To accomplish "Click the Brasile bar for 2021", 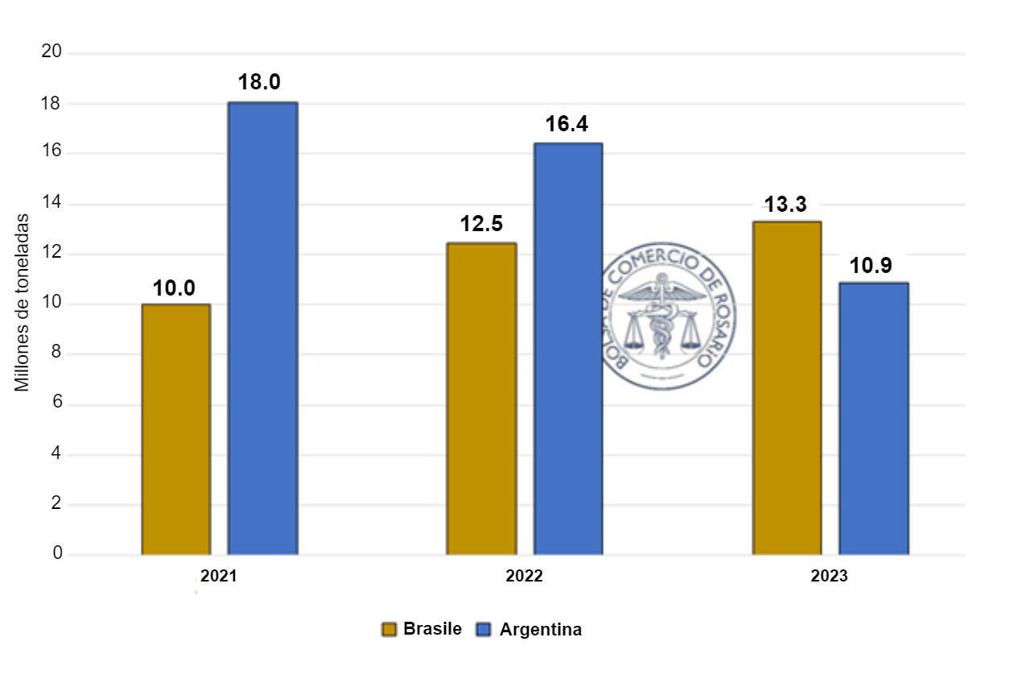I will point(175,429).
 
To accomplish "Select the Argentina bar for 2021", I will point(262,329).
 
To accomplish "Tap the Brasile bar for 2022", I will point(481,399).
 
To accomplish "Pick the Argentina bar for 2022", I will point(568,349).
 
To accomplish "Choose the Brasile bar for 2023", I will point(786,388).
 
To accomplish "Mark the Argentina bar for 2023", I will point(873,419).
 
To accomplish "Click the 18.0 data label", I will point(259,82).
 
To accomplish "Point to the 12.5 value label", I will point(481,224).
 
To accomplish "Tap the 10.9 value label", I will point(871,265).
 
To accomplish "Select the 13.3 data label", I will point(785,205).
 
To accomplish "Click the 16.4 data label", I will point(568,124).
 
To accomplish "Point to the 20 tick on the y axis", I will point(51,52).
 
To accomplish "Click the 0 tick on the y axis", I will point(57,554).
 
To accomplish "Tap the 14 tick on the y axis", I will point(51,204).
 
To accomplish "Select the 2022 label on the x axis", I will point(524,577).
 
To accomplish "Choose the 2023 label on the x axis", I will point(829,577).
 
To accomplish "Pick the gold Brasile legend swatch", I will point(389,630).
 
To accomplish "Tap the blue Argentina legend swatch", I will point(484,630).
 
